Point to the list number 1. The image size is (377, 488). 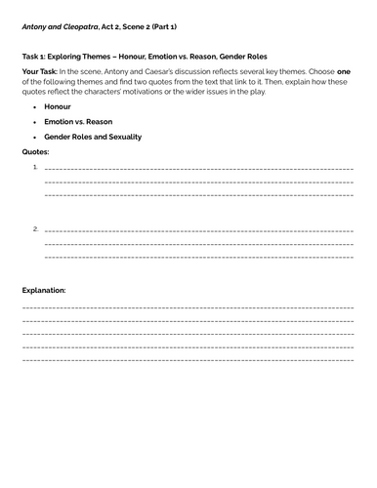pos(35,168)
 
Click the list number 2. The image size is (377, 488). pos(35,228)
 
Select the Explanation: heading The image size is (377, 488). pos(44,291)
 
